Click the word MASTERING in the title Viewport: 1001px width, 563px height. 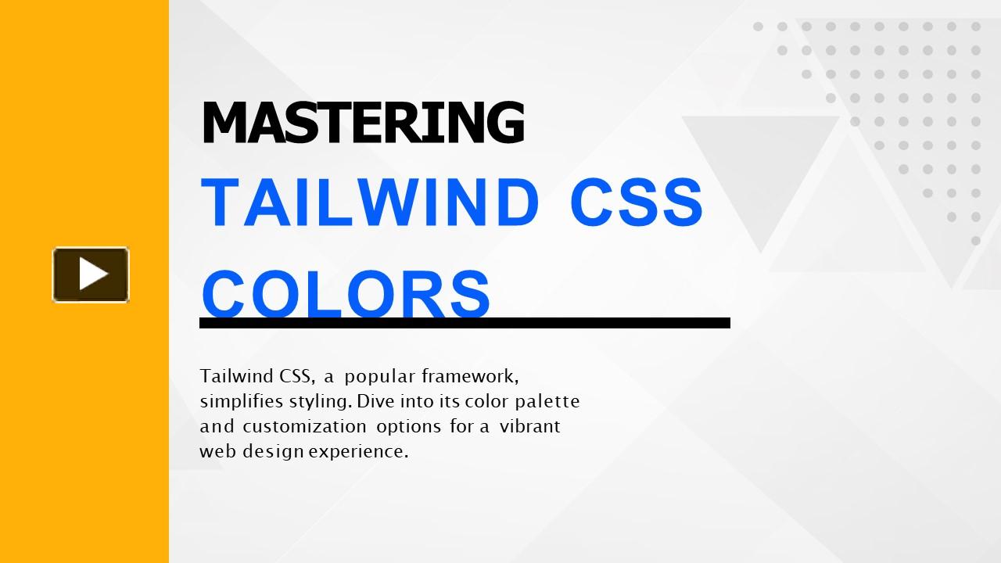click(363, 123)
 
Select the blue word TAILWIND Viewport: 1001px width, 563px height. click(370, 202)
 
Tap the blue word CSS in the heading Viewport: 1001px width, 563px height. click(637, 202)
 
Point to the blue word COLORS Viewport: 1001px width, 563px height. click(346, 293)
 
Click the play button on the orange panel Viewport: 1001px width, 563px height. click(91, 274)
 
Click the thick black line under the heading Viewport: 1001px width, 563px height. click(465, 323)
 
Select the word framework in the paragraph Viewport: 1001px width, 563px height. click(470, 376)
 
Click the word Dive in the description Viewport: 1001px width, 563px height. click(376, 401)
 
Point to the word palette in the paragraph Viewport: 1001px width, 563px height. click(547, 402)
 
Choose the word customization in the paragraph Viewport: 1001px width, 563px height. click(305, 427)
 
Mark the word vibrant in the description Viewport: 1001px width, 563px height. click(530, 426)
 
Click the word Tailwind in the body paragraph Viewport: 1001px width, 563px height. click(237, 376)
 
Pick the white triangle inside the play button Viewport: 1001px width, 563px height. click(94, 274)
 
